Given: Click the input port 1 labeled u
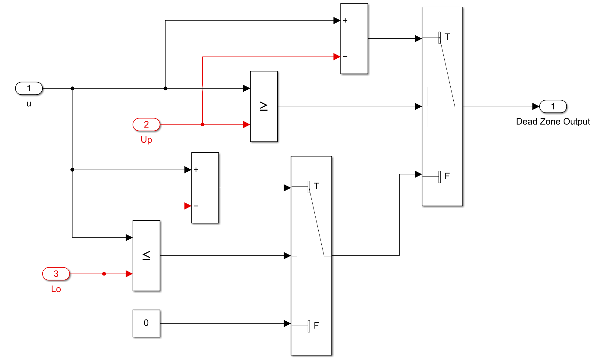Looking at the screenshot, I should [29, 88].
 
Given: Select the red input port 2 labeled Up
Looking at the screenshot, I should [146, 125].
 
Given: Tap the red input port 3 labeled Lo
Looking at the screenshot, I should [56, 274].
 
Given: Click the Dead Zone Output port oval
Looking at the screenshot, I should [553, 106].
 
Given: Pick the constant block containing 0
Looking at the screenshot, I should [146, 323].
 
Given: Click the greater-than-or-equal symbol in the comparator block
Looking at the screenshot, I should [264, 106].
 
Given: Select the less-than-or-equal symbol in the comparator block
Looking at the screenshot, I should [146, 255].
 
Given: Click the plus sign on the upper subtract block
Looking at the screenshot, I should [345, 21].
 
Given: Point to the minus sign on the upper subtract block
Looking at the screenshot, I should [345, 57].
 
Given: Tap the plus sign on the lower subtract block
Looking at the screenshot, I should [196, 170].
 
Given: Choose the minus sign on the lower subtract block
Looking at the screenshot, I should [196, 206].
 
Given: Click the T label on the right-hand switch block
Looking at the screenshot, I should [447, 37].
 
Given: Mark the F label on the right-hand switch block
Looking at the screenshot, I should [447, 176].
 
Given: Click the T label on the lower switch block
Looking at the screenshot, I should [316, 186].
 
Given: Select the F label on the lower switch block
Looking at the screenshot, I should [316, 325].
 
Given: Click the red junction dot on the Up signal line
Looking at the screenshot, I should [202, 125].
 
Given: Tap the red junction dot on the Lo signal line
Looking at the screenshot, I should [104, 274].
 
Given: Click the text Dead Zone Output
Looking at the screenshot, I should [553, 122].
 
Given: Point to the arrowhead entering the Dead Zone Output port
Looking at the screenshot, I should [535, 106].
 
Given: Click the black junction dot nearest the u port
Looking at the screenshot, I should [72, 89].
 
